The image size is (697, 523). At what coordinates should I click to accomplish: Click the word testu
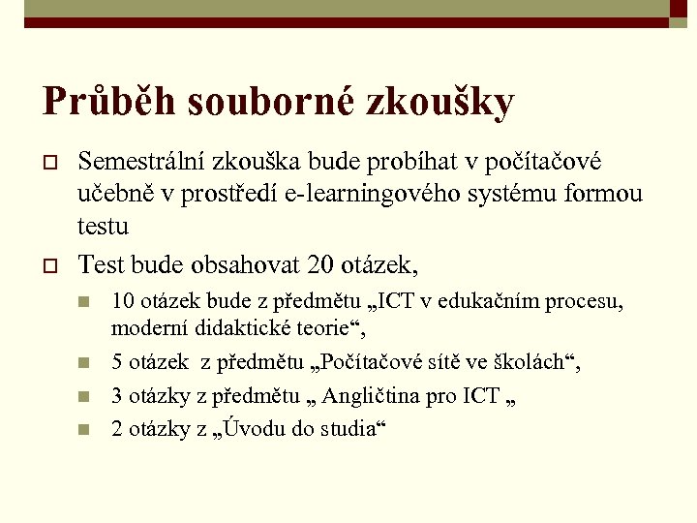(x=103, y=226)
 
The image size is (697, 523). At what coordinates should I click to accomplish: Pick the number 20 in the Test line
(x=318, y=262)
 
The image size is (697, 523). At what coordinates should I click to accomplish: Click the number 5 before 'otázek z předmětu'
(x=118, y=362)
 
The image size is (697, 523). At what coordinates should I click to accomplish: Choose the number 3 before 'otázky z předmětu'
(x=118, y=395)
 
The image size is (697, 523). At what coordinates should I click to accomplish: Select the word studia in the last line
(x=346, y=428)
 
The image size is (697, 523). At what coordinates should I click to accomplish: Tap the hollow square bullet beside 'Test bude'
(x=51, y=263)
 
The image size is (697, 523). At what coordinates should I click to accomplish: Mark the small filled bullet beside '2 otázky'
(x=86, y=429)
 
